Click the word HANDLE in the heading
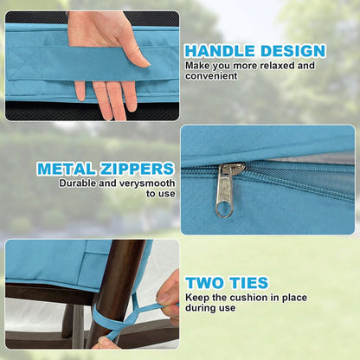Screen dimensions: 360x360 coord(220,51)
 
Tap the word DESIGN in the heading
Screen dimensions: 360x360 coord(293,51)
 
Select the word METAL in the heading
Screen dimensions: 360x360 coord(67,169)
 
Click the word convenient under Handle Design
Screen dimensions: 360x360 coord(211,76)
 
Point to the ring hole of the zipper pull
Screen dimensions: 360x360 coord(224,209)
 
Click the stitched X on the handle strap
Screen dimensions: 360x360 coord(24,63)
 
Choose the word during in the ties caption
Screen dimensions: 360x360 coord(200,308)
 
